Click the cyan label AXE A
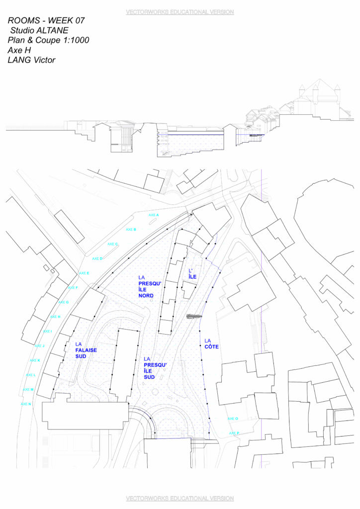click(154, 215)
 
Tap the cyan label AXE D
click(97, 258)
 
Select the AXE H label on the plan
click(55, 317)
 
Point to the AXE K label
click(35, 360)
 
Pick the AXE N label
click(26, 404)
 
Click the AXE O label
click(233, 419)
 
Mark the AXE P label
click(234, 433)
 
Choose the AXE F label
click(73, 288)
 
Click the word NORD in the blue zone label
click(146, 296)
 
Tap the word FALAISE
click(86, 350)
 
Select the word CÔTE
click(211, 346)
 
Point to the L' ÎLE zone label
click(192, 273)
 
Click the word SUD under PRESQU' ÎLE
click(149, 377)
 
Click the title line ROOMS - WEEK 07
click(46, 21)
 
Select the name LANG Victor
click(31, 60)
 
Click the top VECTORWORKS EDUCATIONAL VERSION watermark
click(180, 11)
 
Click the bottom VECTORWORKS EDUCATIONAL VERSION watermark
click(180, 498)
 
